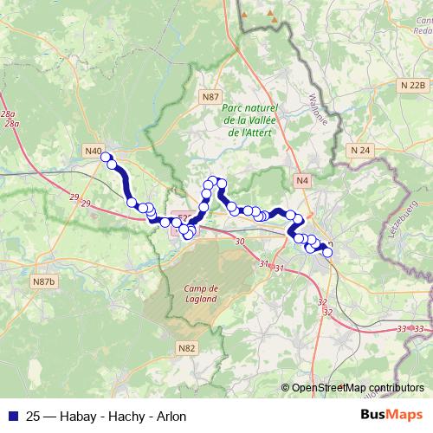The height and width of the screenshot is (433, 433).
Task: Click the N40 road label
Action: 94,151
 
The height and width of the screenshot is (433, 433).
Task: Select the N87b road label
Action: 42,282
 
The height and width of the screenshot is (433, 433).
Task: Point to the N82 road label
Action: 186,347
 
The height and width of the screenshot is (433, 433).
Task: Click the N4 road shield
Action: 301,180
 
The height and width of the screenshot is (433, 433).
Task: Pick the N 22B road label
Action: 413,85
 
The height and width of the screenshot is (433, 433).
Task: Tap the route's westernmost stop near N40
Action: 106,157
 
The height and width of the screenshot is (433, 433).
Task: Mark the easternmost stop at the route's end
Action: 327,253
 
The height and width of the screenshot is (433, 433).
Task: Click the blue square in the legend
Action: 12,416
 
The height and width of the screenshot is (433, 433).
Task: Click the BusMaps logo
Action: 391,415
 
